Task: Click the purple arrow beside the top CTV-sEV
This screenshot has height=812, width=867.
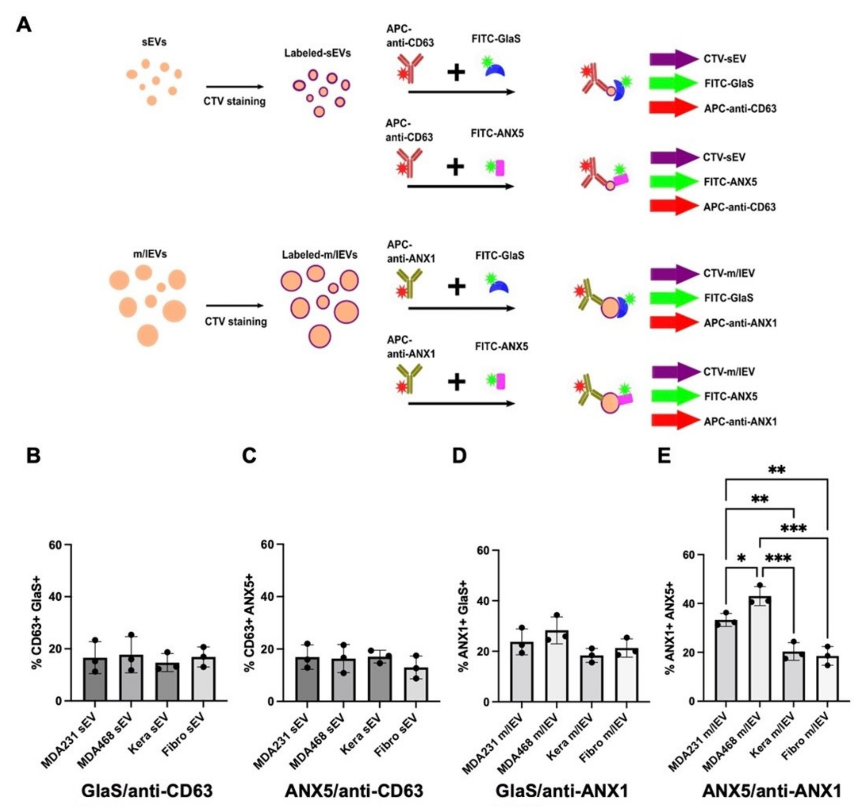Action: click(673, 59)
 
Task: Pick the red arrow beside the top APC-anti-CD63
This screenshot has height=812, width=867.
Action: click(673, 108)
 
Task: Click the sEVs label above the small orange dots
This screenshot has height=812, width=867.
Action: click(154, 42)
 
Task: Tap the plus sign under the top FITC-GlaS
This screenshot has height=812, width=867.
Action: click(456, 73)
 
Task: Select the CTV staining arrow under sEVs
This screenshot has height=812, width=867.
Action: click(235, 87)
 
